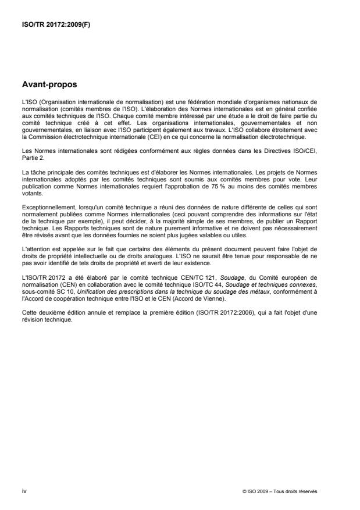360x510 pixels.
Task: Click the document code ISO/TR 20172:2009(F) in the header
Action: tap(52, 26)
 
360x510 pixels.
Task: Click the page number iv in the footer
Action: tap(23, 491)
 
